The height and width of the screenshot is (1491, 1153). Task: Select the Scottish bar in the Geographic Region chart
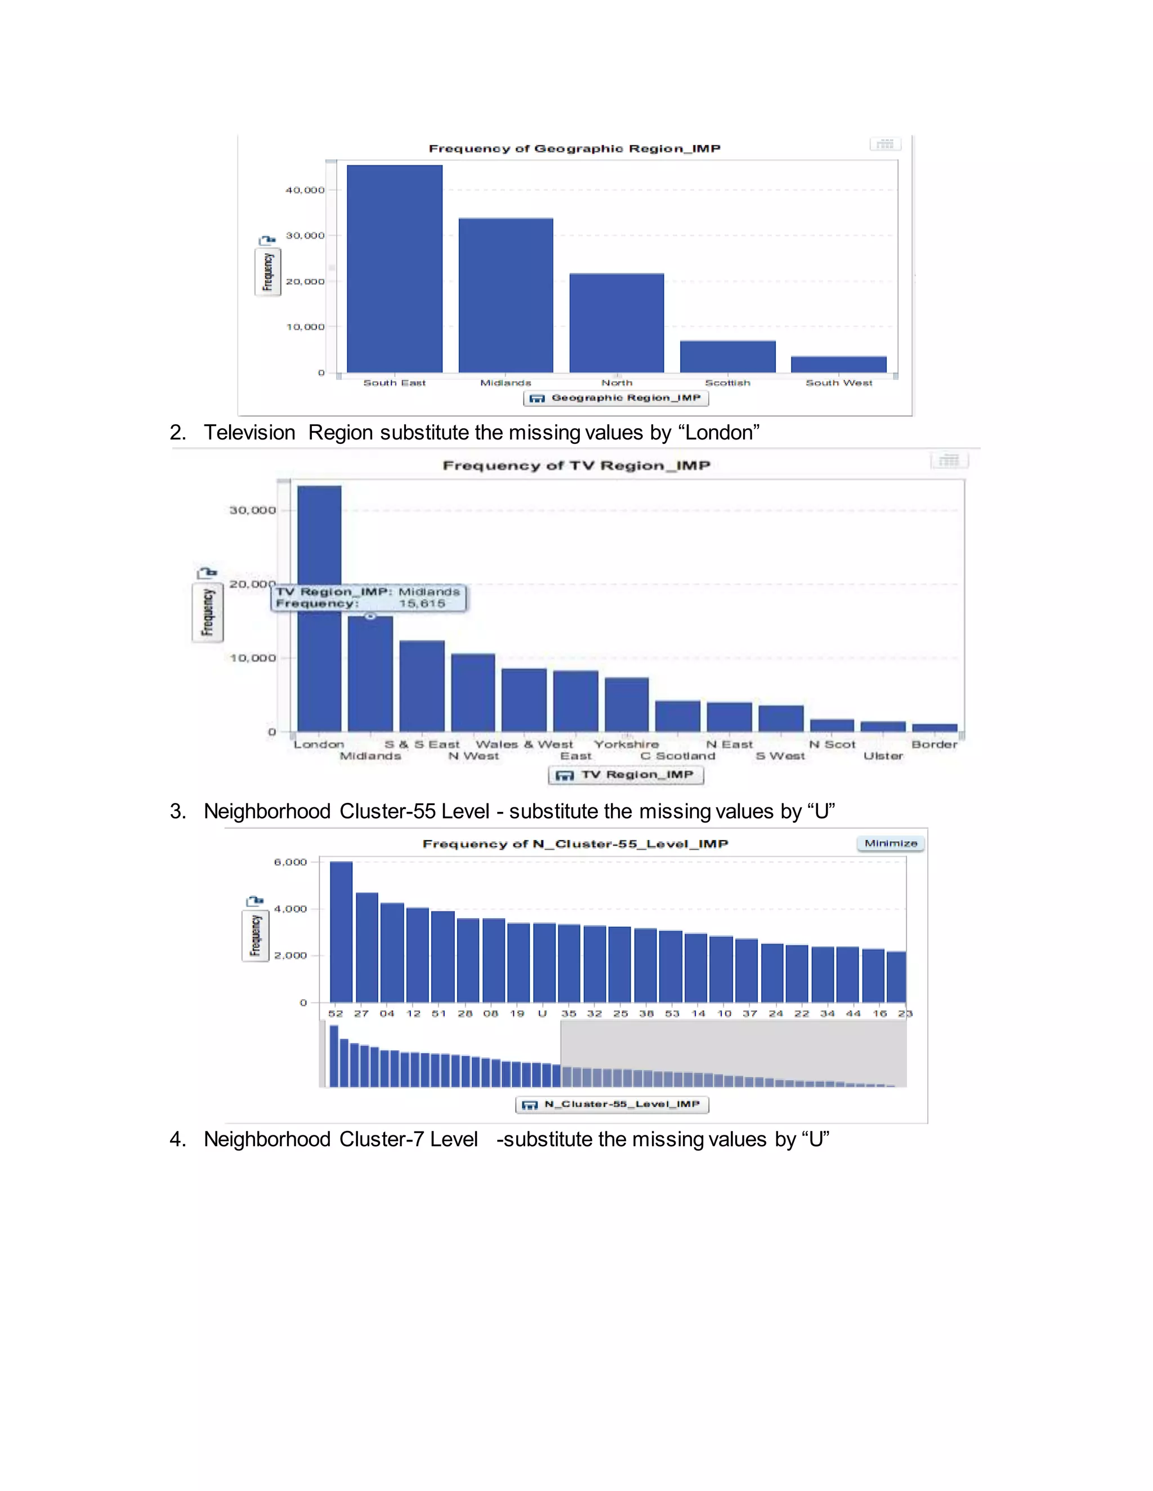pyautogui.click(x=727, y=356)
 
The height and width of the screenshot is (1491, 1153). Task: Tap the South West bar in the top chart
pyautogui.click(x=838, y=364)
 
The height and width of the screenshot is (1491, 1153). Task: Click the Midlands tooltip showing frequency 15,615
pyautogui.click(x=369, y=598)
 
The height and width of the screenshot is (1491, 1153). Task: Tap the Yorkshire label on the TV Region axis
pyautogui.click(x=627, y=744)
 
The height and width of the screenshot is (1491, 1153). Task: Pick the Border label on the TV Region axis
pyautogui.click(x=934, y=744)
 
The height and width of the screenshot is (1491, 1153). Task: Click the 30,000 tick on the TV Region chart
pyautogui.click(x=253, y=510)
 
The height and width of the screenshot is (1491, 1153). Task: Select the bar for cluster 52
pyautogui.click(x=341, y=932)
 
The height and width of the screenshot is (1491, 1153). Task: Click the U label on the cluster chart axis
pyautogui.click(x=542, y=1013)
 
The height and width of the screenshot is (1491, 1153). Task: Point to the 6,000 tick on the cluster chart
pyautogui.click(x=291, y=862)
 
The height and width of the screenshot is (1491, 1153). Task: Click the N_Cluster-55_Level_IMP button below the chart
pyautogui.click(x=612, y=1104)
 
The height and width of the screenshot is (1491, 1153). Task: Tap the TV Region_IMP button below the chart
pyautogui.click(x=625, y=775)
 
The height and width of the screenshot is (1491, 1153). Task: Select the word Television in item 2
pyautogui.click(x=249, y=433)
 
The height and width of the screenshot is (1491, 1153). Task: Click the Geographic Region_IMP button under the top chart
pyautogui.click(x=615, y=398)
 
